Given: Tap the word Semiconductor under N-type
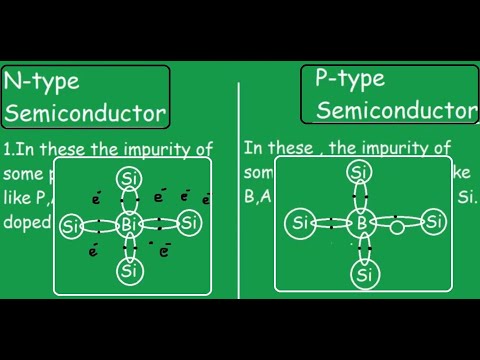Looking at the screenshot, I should (85, 113).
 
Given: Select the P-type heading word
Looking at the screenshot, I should (346, 77).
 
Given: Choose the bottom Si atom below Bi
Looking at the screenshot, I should (127, 269).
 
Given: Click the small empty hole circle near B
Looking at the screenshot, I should (397, 228).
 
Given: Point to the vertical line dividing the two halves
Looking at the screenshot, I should (238, 200).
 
